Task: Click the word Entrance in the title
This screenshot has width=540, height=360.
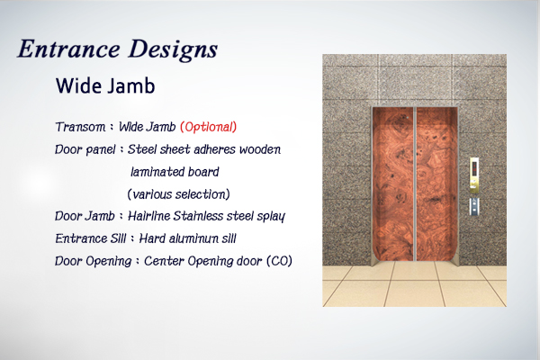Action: click(x=68, y=49)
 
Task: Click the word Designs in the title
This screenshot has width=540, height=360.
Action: click(x=173, y=50)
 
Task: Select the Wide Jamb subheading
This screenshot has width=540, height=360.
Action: click(x=105, y=85)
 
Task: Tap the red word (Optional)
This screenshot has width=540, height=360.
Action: click(x=209, y=127)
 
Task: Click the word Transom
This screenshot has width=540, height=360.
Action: click(x=80, y=127)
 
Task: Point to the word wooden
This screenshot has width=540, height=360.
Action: click(x=260, y=149)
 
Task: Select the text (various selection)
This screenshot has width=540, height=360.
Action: click(x=178, y=194)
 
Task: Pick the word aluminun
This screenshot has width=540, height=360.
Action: click(x=187, y=238)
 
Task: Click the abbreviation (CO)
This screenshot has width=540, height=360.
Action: click(x=279, y=261)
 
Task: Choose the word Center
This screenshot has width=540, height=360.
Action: click(x=164, y=261)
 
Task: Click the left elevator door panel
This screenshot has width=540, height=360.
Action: click(x=393, y=184)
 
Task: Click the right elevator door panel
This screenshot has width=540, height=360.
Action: click(x=437, y=184)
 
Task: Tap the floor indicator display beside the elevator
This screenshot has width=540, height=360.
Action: click(x=474, y=167)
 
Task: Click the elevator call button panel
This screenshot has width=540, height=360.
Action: click(x=474, y=206)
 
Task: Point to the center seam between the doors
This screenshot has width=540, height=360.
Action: click(x=415, y=184)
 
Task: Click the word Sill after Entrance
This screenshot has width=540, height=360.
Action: click(x=119, y=238)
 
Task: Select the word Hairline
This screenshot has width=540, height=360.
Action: click(x=148, y=216)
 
